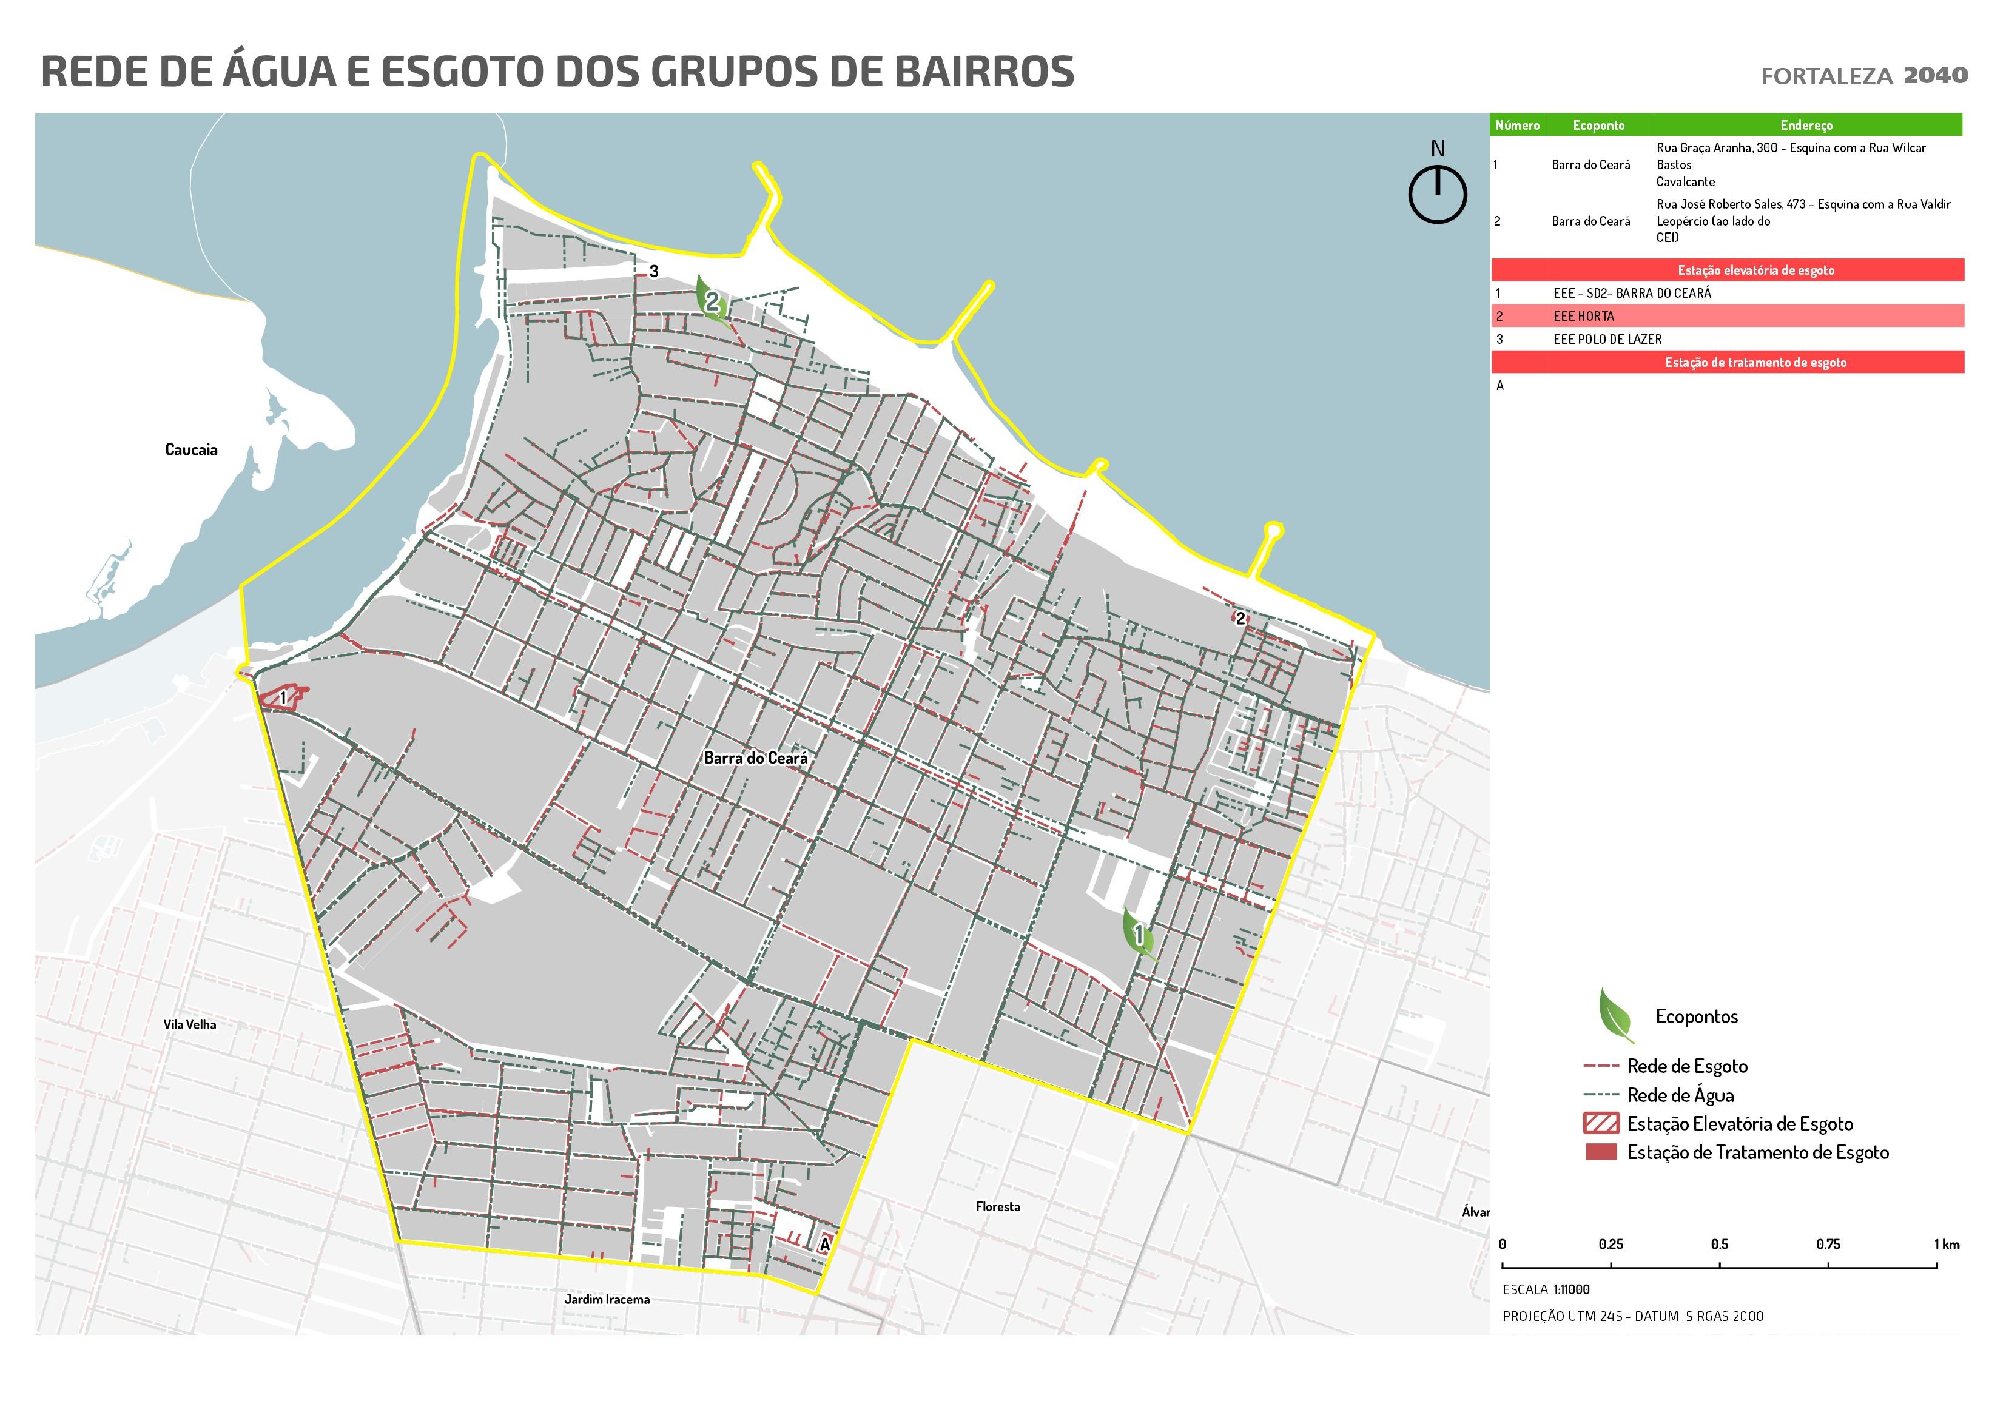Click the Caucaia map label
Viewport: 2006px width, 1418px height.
pyautogui.click(x=190, y=450)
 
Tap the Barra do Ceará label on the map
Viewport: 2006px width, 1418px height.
pyautogui.click(x=756, y=758)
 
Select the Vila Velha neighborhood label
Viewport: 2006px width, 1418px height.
pyautogui.click(x=190, y=1024)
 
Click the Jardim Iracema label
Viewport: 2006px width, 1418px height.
pyautogui.click(x=607, y=1299)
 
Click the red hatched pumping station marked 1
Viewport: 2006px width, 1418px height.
pyautogui.click(x=281, y=697)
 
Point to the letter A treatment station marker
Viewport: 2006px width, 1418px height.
pyautogui.click(x=824, y=1243)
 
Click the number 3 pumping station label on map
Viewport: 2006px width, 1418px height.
pyautogui.click(x=653, y=272)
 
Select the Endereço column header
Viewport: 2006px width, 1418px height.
pyautogui.click(x=1806, y=125)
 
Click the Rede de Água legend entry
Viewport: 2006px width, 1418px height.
pyautogui.click(x=1679, y=1095)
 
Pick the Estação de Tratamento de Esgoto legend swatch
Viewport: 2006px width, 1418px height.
pyautogui.click(x=1601, y=1152)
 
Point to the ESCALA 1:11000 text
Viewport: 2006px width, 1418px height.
pyautogui.click(x=1546, y=1289)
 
